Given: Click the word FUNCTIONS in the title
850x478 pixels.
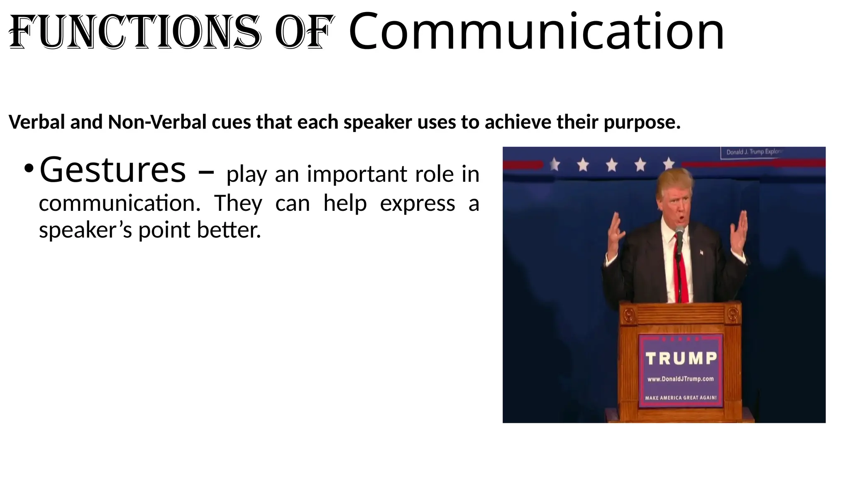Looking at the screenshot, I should point(135,32).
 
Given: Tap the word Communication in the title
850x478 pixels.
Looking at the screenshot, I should point(536,32).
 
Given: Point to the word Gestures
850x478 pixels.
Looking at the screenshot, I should point(112,170).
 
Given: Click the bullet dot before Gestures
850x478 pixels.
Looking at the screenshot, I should point(28,169).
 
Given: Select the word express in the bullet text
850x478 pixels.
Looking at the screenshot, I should point(417,203).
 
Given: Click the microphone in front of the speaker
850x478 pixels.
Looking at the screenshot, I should point(679,232).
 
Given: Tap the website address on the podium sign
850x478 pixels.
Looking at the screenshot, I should point(681,379).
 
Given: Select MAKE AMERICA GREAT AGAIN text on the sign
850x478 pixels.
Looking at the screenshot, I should point(681,398).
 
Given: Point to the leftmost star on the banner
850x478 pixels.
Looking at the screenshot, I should point(554,165).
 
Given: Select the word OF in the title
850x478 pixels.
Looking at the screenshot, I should point(304,32).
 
